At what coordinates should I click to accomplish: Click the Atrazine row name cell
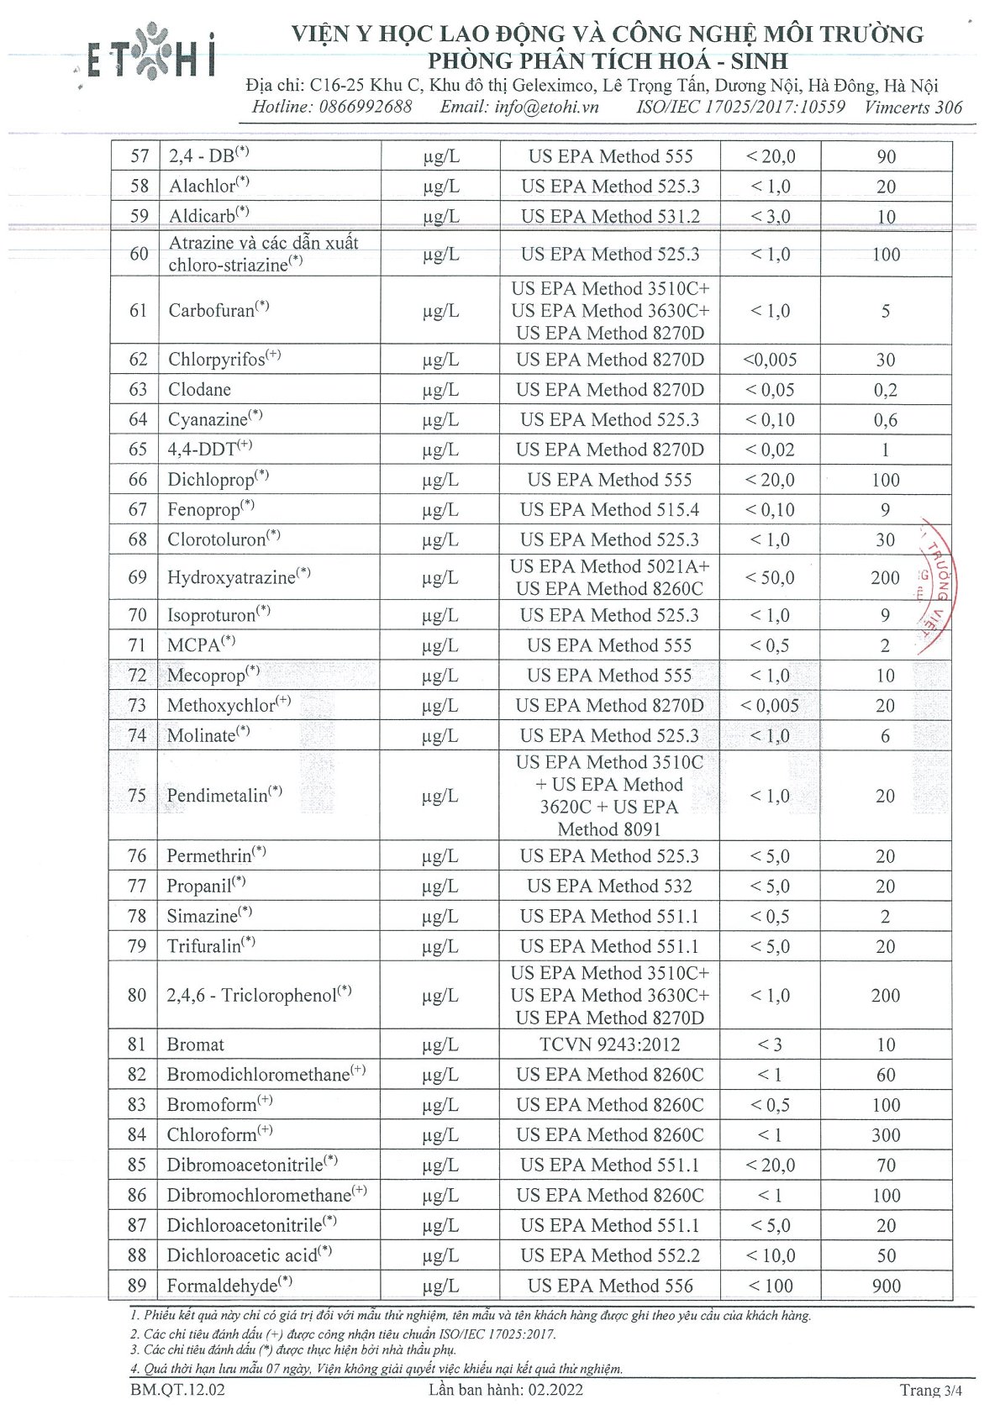click(x=263, y=254)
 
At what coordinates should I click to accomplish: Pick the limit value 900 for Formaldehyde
click(x=886, y=1286)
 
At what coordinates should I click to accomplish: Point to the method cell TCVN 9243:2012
click(x=610, y=1044)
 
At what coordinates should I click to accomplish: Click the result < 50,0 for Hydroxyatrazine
click(x=770, y=577)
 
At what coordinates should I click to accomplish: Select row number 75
click(x=137, y=795)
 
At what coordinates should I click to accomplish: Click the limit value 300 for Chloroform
click(x=886, y=1135)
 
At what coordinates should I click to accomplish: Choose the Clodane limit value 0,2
click(x=885, y=390)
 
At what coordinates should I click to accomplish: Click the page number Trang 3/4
click(x=930, y=1390)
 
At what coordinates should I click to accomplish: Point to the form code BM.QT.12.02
click(x=177, y=1390)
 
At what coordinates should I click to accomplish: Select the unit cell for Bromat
click(x=440, y=1044)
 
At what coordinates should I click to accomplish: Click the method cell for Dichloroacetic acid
click(x=609, y=1255)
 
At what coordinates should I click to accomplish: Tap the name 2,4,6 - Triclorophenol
click(x=259, y=996)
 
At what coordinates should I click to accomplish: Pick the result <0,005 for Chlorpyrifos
click(x=770, y=360)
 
